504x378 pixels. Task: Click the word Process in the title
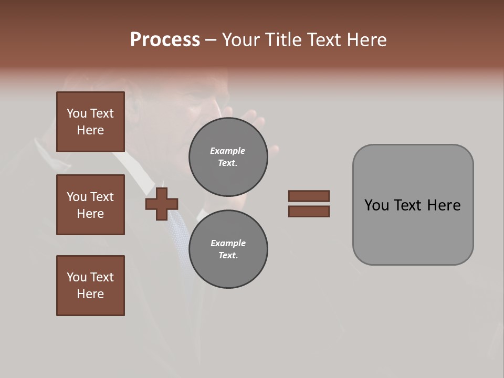165,40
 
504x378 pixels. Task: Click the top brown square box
90,122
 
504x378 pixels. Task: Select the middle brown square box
90,205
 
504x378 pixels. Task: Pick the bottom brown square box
90,286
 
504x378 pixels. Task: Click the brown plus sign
162,204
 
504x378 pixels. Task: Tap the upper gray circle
228,157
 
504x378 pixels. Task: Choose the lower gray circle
228,249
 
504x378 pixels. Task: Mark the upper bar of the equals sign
309,196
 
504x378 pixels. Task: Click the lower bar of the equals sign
309,212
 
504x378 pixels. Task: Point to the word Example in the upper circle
228,151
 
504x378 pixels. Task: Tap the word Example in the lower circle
228,243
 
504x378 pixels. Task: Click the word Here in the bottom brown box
90,294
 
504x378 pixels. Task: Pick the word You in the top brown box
77,113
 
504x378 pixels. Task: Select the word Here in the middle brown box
90,214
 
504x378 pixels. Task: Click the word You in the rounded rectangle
376,205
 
